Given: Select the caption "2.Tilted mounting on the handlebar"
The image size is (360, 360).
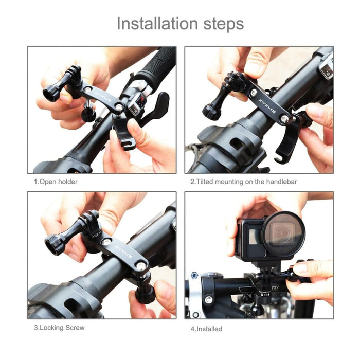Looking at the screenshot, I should (x=243, y=182).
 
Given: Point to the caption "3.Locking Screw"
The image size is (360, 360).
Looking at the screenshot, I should (x=59, y=327).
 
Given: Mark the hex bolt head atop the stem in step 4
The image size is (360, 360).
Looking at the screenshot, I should (x=195, y=275).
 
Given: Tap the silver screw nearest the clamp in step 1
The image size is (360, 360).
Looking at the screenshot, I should (x=119, y=105).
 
